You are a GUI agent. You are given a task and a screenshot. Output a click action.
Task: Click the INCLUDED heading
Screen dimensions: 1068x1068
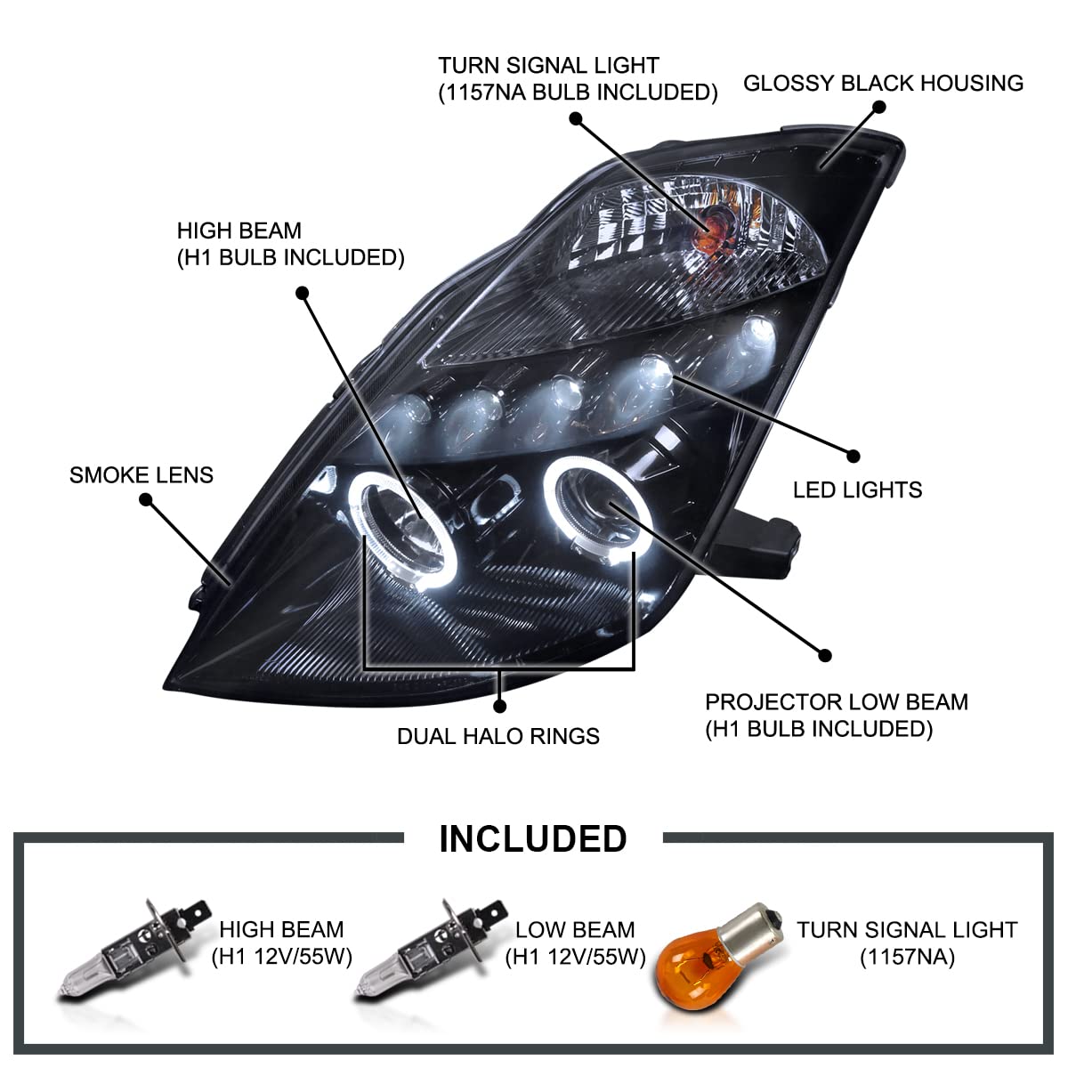[x=533, y=839]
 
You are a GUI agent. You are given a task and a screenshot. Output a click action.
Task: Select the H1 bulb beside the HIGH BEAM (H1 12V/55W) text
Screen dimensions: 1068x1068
[x=133, y=948]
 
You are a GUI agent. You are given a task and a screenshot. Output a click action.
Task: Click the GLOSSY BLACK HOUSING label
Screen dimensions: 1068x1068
[x=883, y=84]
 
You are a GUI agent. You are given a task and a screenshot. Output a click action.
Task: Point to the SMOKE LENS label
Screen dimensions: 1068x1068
[x=142, y=475]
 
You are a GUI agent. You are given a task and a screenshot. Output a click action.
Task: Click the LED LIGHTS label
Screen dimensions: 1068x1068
[x=857, y=489]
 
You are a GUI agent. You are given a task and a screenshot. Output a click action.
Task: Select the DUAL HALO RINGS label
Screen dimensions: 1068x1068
[x=498, y=737]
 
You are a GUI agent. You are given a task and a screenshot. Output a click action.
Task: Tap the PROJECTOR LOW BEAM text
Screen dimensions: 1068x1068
[x=836, y=702]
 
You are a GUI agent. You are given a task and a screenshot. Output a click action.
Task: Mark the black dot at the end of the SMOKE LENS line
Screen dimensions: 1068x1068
[x=146, y=501]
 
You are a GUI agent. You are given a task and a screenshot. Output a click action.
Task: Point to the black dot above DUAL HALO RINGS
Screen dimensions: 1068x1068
[x=500, y=706]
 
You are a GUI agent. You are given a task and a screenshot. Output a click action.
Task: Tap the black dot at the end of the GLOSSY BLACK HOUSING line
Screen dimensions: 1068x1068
[x=880, y=107]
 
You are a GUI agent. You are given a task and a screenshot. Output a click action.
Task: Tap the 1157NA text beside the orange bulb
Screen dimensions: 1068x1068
[x=906, y=958]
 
